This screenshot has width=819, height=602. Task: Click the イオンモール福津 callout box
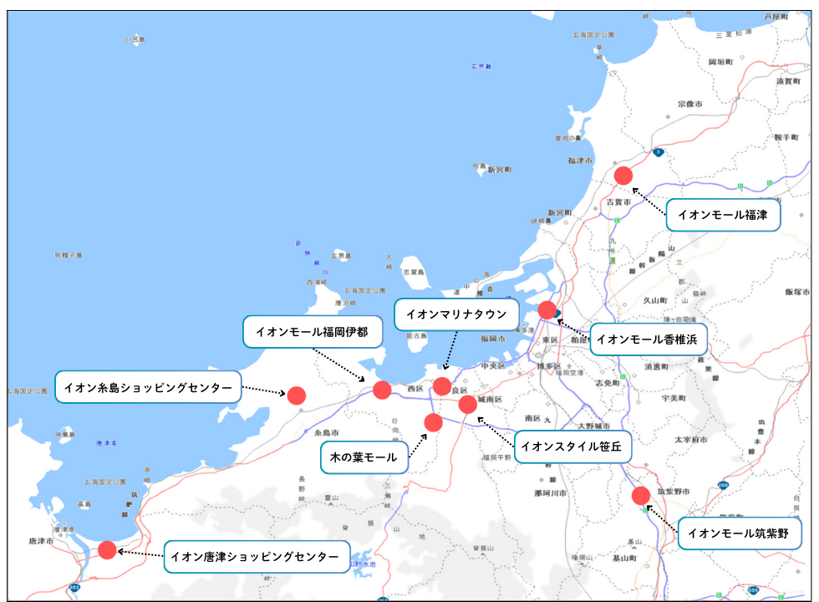(723, 215)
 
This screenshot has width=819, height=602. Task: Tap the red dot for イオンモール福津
(623, 176)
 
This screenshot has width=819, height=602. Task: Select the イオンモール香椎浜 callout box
(649, 339)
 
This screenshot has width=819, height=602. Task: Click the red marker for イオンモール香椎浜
(547, 310)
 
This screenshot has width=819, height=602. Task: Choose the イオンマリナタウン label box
(456, 315)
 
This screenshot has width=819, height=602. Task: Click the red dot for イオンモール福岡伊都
(382, 390)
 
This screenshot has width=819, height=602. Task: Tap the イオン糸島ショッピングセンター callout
(148, 387)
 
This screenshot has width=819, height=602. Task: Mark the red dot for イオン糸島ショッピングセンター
(297, 395)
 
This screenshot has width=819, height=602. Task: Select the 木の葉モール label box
(364, 457)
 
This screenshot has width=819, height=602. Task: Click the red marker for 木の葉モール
(433, 422)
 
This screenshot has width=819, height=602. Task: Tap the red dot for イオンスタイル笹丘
(468, 405)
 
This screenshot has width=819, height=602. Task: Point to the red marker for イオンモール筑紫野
(641, 495)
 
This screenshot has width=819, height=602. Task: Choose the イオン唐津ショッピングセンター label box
(256, 556)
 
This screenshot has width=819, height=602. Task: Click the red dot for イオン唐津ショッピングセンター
(107, 550)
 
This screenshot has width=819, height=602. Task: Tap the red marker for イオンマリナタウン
(442, 386)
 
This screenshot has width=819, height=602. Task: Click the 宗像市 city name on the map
(690, 105)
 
